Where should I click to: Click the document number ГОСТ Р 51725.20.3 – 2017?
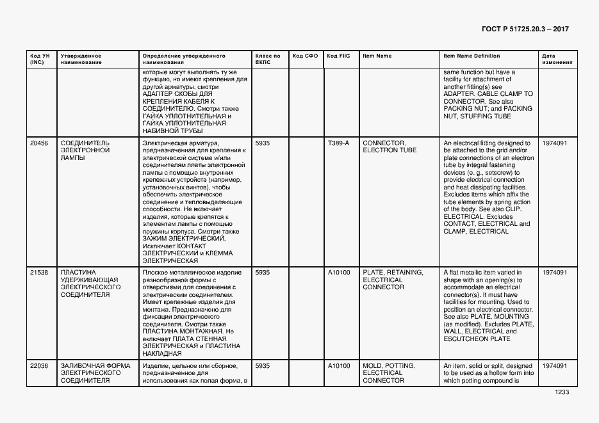pos(525,29)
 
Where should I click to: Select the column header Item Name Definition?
pos(472,56)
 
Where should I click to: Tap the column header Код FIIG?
pos(338,56)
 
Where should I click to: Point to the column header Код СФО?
pos(305,56)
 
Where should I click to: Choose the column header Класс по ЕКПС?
pos(268,60)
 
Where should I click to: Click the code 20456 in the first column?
pos(39,143)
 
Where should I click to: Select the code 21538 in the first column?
pos(39,273)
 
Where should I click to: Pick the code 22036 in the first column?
pos(39,366)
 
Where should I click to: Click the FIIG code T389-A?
pos(338,143)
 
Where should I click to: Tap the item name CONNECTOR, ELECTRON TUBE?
pos(390,147)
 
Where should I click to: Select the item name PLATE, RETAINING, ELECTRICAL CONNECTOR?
pos(393,280)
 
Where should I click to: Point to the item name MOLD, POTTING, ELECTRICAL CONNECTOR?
pos(389,373)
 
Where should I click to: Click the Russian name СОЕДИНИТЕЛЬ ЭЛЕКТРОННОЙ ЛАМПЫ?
pos(85,150)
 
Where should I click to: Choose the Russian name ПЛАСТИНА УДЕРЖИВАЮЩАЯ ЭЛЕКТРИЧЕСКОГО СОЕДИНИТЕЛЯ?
pos(90,283)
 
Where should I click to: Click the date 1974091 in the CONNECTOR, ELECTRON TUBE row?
pos(554,143)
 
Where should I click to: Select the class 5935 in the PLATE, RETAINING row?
pos(263,273)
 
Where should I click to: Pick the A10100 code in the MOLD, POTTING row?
pos(339,366)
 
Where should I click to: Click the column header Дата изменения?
pos(554,60)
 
